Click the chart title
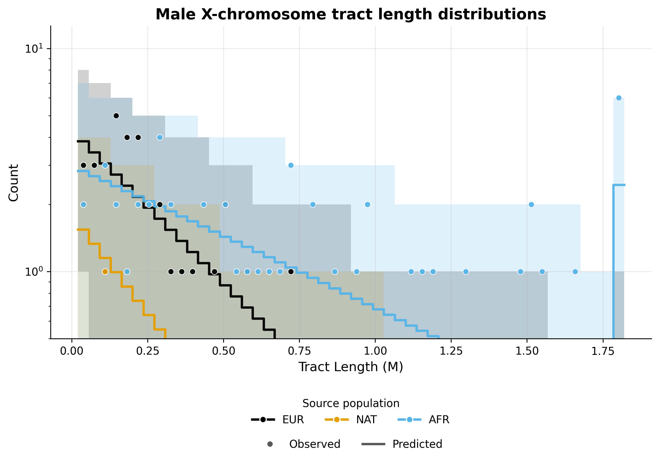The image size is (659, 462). coord(350,14)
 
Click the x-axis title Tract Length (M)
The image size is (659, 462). coord(351,367)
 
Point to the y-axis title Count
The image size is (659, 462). coord(13,183)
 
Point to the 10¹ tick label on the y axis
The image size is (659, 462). coord(34,49)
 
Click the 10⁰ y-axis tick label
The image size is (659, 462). coord(34,271)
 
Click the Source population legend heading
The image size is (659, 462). coord(351,403)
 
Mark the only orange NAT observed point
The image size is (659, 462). coord(105,272)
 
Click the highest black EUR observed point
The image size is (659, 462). coord(116,116)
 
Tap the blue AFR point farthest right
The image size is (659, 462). coord(619,98)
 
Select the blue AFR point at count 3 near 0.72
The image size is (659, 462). coord(291,165)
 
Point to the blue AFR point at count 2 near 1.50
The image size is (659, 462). coord(531,204)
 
